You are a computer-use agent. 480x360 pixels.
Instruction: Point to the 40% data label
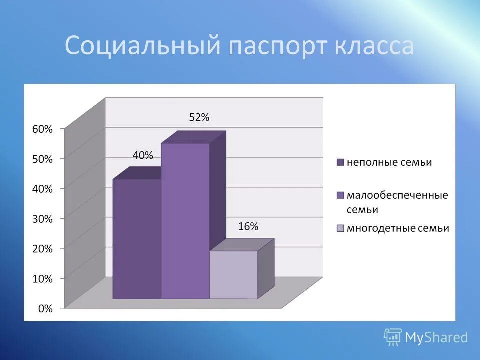[x=142, y=155]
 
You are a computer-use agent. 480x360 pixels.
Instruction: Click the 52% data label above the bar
[x=199, y=118]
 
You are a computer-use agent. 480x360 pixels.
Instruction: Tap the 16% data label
[x=248, y=226]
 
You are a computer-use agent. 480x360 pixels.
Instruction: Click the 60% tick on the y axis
[x=42, y=129]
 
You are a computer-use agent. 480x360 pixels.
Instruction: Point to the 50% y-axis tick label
[x=42, y=159]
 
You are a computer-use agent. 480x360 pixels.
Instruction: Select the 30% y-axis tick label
[x=42, y=218]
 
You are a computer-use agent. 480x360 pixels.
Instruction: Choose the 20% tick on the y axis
[x=42, y=248]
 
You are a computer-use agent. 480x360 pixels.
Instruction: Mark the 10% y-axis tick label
[x=42, y=279]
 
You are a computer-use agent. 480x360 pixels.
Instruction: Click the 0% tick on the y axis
[x=45, y=309]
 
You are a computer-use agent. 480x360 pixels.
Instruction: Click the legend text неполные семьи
[x=389, y=162]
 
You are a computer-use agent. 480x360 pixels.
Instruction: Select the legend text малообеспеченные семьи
[x=397, y=202]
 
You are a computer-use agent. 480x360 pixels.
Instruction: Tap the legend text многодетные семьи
[x=398, y=228]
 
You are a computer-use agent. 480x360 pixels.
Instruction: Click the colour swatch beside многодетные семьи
[x=341, y=229]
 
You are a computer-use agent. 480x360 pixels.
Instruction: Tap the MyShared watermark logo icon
[x=393, y=337]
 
